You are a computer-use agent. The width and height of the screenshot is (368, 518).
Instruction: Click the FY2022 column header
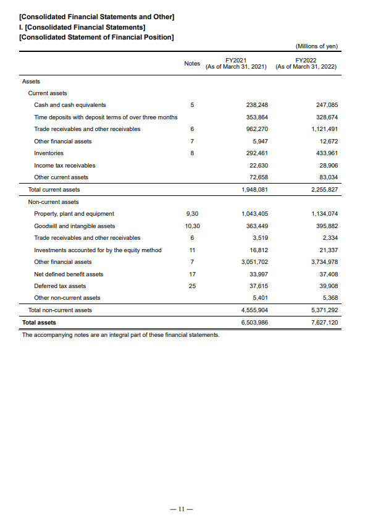point(306,63)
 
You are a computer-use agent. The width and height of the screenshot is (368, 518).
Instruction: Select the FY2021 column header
point(236,63)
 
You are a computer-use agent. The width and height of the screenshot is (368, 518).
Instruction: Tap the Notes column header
point(192,64)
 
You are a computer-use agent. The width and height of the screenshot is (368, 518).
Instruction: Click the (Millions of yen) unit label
point(317,46)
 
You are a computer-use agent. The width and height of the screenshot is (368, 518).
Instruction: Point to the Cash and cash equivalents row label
point(70,105)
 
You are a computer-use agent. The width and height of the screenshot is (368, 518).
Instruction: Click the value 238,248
point(256,105)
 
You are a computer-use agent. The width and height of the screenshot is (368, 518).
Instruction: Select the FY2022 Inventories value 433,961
point(327,153)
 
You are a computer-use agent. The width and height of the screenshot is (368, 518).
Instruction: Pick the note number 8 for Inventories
point(192,153)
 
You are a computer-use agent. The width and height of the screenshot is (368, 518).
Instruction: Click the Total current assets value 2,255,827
point(324,189)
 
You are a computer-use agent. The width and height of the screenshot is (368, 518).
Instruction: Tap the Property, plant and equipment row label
point(74,214)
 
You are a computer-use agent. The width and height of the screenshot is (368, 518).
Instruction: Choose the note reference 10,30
point(192,226)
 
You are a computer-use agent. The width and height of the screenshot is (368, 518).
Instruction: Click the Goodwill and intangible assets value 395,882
point(327,226)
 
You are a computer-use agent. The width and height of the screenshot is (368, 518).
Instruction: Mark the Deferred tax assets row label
point(60,286)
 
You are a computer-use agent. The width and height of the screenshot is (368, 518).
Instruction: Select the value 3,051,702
point(254,262)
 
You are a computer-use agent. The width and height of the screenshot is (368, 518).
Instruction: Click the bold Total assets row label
point(39,323)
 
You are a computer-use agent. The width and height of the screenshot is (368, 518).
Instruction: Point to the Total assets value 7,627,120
point(324,323)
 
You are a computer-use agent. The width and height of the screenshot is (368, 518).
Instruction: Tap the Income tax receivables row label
point(65,165)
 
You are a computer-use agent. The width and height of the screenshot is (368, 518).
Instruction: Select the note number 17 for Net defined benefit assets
point(192,274)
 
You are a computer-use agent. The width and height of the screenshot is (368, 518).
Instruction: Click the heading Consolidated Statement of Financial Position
point(97,37)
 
